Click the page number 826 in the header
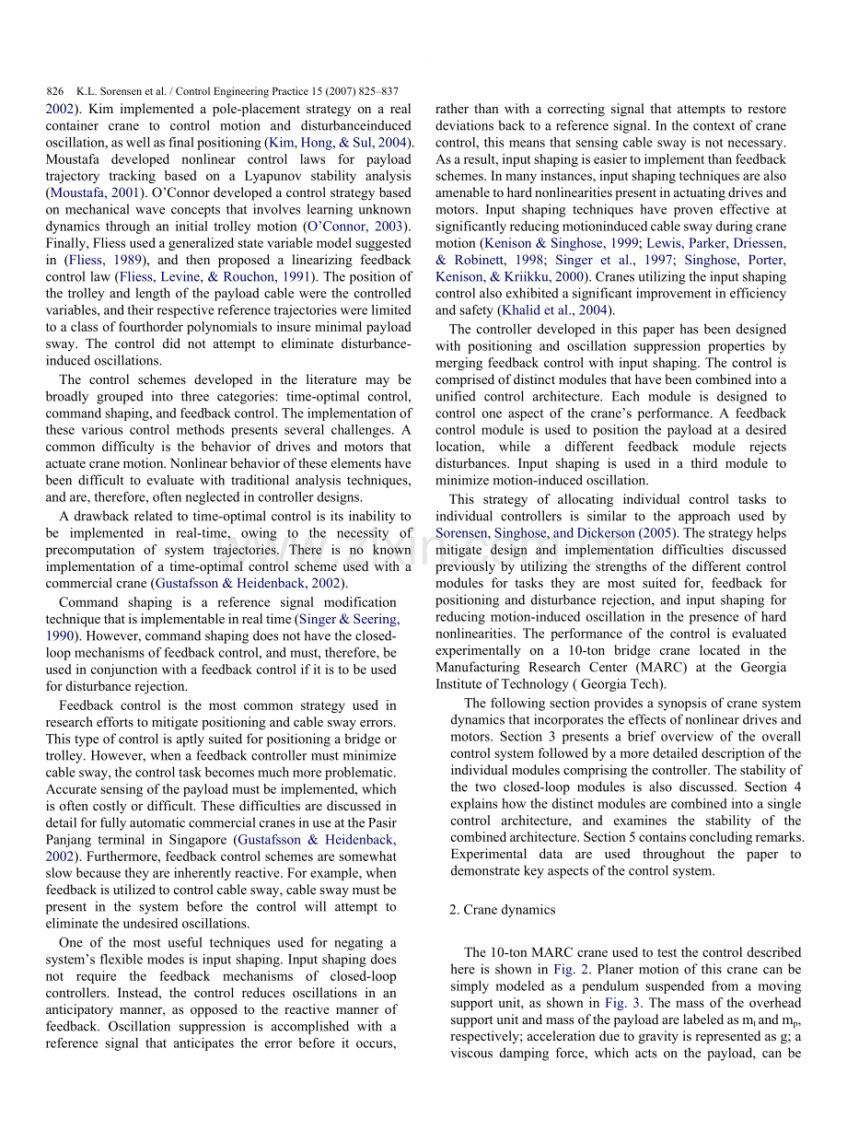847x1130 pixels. tap(54, 92)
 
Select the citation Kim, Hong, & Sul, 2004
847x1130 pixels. tap(338, 143)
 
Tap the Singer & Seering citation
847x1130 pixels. tap(348, 620)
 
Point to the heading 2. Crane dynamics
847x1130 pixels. tap(503, 910)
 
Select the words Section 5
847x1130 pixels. tap(659, 837)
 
